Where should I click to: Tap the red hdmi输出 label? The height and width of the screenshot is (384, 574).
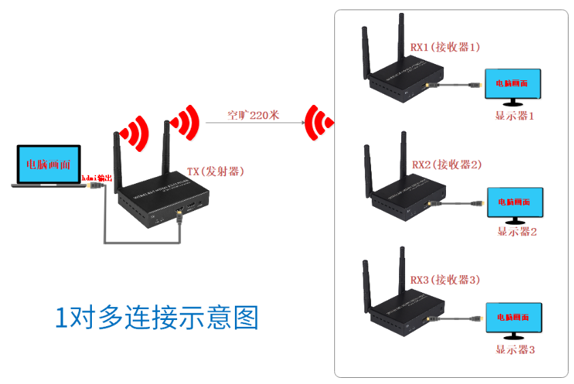pos(95,178)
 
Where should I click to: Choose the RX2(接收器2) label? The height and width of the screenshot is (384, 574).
pos(447,164)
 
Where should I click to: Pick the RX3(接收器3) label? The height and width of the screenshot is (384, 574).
pos(445,279)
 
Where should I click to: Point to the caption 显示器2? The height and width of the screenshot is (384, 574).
pos(517,231)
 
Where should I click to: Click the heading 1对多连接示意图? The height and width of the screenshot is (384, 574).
pos(157,318)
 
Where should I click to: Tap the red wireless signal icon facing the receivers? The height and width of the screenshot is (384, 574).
pos(319,123)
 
